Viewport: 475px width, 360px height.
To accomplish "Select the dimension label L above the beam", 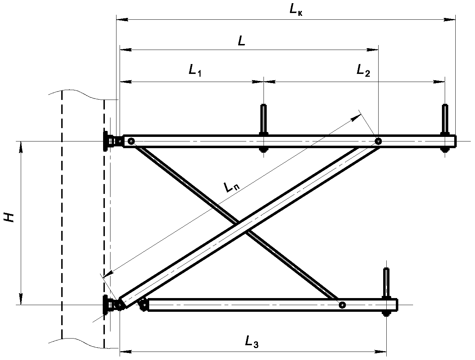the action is [x=241, y=40].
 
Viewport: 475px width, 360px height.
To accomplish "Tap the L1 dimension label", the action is [x=195, y=70].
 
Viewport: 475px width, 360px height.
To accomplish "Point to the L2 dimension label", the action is [x=363, y=70].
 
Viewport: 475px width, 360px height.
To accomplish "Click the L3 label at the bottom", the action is [x=252, y=341].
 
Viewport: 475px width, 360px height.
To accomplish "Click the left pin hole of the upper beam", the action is [x=131, y=141].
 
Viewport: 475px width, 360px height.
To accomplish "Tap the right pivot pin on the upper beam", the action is [x=378, y=141].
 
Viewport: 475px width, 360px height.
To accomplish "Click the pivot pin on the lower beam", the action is [x=342, y=305].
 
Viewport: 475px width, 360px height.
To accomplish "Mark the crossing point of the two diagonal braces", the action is [x=242, y=227].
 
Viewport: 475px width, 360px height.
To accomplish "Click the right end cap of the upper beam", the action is [x=455, y=141].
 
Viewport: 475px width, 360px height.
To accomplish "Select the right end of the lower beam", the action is [x=397, y=305].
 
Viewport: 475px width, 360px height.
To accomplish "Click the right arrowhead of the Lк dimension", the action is [x=449, y=20].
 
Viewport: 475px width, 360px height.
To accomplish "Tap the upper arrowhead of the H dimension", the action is [x=21, y=147].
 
